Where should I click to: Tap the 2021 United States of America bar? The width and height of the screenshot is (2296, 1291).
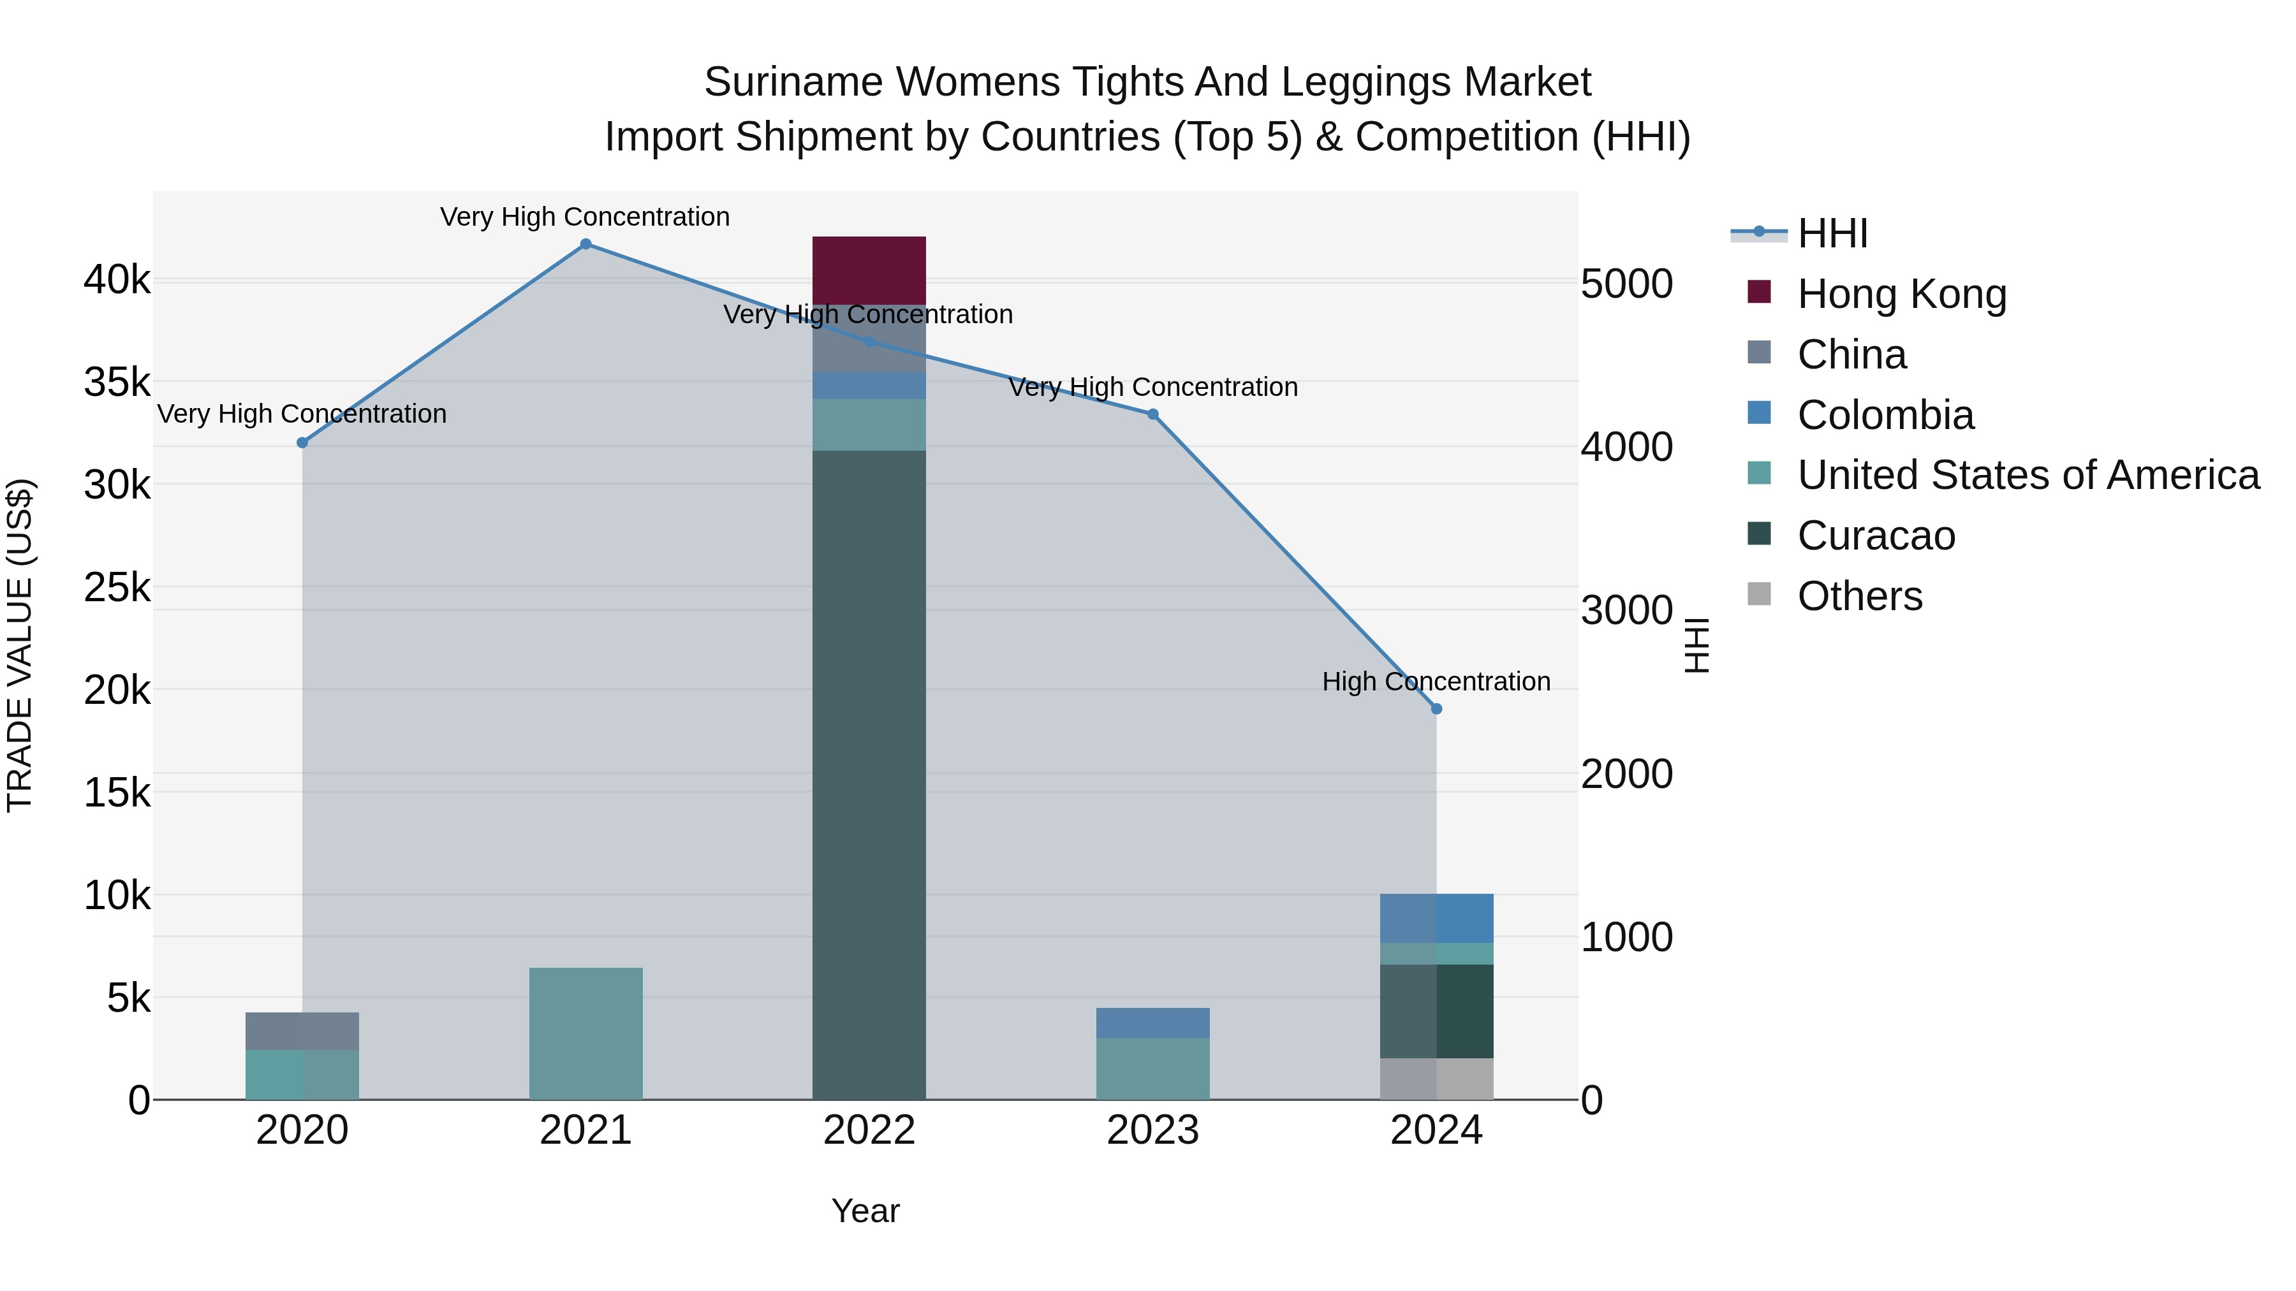(585, 1033)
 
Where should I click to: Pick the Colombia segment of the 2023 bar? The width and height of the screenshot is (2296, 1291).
(1152, 1022)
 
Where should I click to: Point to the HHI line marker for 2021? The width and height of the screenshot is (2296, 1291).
(585, 244)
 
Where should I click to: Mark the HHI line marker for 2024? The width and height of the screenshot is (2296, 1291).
(1436, 709)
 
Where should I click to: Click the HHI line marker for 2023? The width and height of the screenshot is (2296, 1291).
(1152, 414)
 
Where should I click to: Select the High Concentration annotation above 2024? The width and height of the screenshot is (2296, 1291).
(1435, 682)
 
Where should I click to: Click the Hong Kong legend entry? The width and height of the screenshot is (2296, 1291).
(1901, 294)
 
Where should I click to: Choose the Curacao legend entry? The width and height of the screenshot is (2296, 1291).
(1875, 536)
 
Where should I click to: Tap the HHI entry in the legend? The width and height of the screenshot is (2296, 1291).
(1832, 233)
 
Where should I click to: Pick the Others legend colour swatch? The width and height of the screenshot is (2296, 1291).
(1758, 594)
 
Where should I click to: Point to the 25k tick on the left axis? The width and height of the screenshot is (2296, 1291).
(117, 587)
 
